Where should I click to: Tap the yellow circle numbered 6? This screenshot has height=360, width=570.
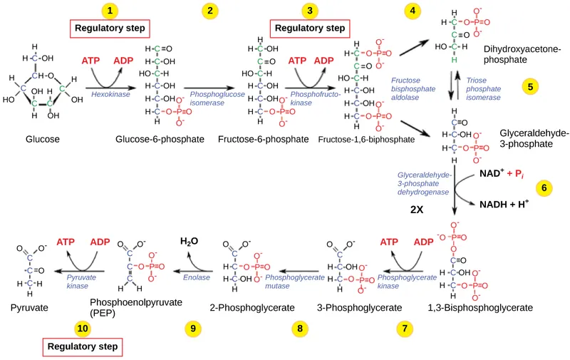[x=544, y=188]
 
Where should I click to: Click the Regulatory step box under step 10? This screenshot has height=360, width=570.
[x=83, y=347]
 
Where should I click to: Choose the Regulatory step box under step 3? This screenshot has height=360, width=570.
[x=310, y=29]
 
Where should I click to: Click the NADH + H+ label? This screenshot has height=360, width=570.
[x=503, y=204]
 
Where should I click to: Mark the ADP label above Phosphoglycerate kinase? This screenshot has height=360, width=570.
[x=423, y=242]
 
